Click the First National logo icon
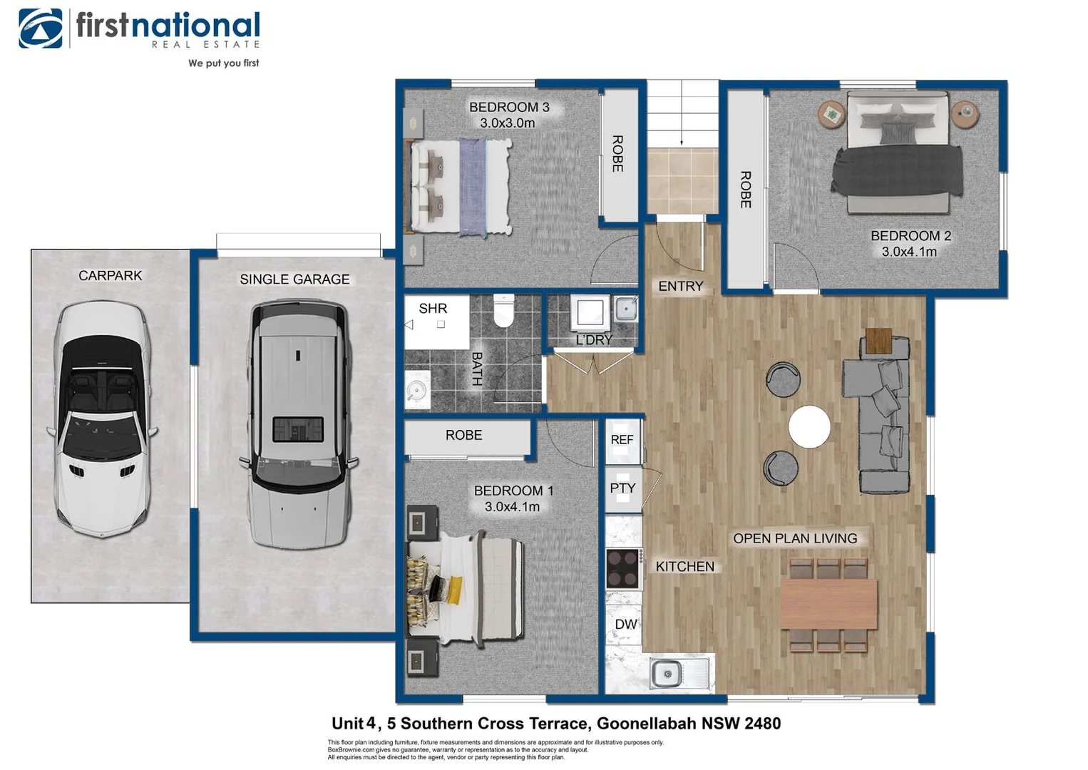[41, 29]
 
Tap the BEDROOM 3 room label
[508, 107]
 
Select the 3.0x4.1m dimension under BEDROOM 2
[909, 252]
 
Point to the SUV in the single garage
[299, 423]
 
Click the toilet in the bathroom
[503, 311]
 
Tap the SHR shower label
[433, 309]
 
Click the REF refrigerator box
[622, 440]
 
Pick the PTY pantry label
[622, 488]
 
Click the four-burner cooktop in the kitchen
[622, 568]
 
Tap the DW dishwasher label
[625, 625]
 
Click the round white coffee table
[809, 427]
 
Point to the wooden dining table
[828, 604]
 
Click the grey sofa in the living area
[877, 418]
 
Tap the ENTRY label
[680, 287]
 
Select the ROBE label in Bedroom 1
[463, 435]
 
